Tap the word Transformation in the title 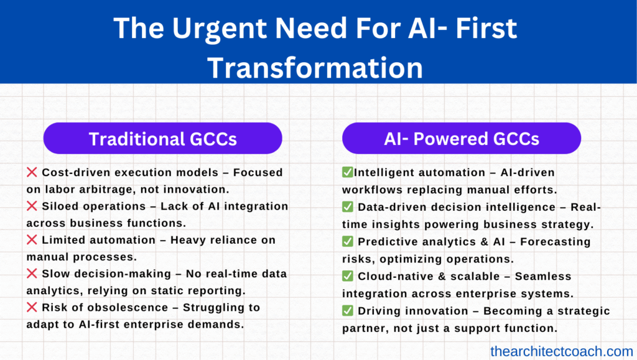tap(315, 67)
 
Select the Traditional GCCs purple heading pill tap(162, 139)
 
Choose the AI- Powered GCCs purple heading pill tap(462, 139)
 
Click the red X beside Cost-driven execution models tap(32, 172)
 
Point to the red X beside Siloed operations tap(32, 206)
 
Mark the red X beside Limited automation tap(32, 239)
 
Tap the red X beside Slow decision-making tap(32, 273)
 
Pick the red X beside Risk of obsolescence tap(32, 307)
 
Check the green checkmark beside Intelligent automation tap(347, 172)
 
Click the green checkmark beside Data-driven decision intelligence tap(347, 206)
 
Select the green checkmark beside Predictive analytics tap(347, 241)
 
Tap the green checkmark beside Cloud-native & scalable tap(347, 276)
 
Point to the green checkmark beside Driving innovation tap(347, 311)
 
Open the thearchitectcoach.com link tap(562, 351)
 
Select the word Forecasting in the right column tap(556, 242)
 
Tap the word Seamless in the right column tap(543, 277)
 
